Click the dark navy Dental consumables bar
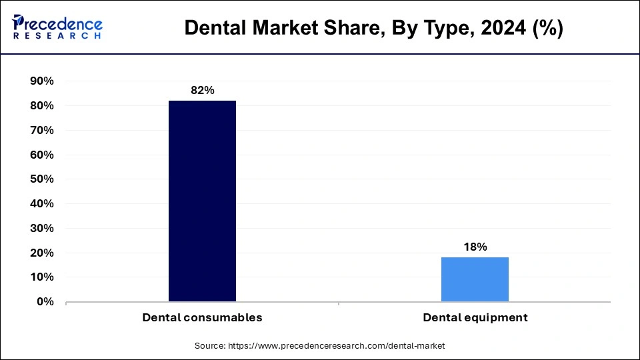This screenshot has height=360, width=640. tap(202, 201)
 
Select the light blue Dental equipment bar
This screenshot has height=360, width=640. tap(475, 279)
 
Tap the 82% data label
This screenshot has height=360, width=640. tap(202, 90)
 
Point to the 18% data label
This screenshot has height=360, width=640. tap(475, 247)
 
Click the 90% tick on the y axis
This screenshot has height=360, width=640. tap(42, 81)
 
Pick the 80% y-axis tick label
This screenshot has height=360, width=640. tap(42, 106)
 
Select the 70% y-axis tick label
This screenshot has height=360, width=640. tap(42, 131)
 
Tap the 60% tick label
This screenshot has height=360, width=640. tap(42, 155)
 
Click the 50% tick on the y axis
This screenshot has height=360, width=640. tap(42, 179)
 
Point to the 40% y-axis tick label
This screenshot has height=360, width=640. tap(42, 204)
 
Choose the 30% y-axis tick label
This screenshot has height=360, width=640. tap(42, 229)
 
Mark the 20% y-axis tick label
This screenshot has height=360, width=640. tap(42, 253)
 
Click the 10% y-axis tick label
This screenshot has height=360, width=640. tap(42, 277)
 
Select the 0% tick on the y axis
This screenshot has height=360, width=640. tap(45, 302)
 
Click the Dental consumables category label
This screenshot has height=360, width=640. tap(202, 318)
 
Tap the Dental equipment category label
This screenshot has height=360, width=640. tap(475, 318)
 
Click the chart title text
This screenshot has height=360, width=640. tap(373, 28)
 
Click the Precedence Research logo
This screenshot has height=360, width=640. tap(57, 27)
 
